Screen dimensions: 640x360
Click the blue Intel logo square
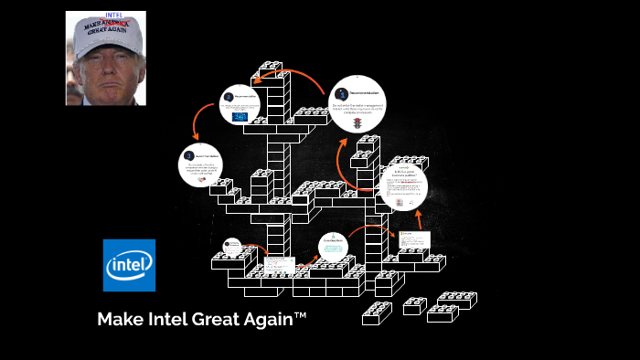click(x=129, y=265)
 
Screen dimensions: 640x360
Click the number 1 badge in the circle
click(x=340, y=94)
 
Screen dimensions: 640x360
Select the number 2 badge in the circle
click(x=229, y=97)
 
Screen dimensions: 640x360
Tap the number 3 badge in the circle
click(x=189, y=154)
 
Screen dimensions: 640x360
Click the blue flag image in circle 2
click(x=240, y=117)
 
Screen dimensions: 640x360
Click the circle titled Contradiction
click(x=333, y=246)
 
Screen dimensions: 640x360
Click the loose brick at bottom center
click(x=376, y=313)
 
